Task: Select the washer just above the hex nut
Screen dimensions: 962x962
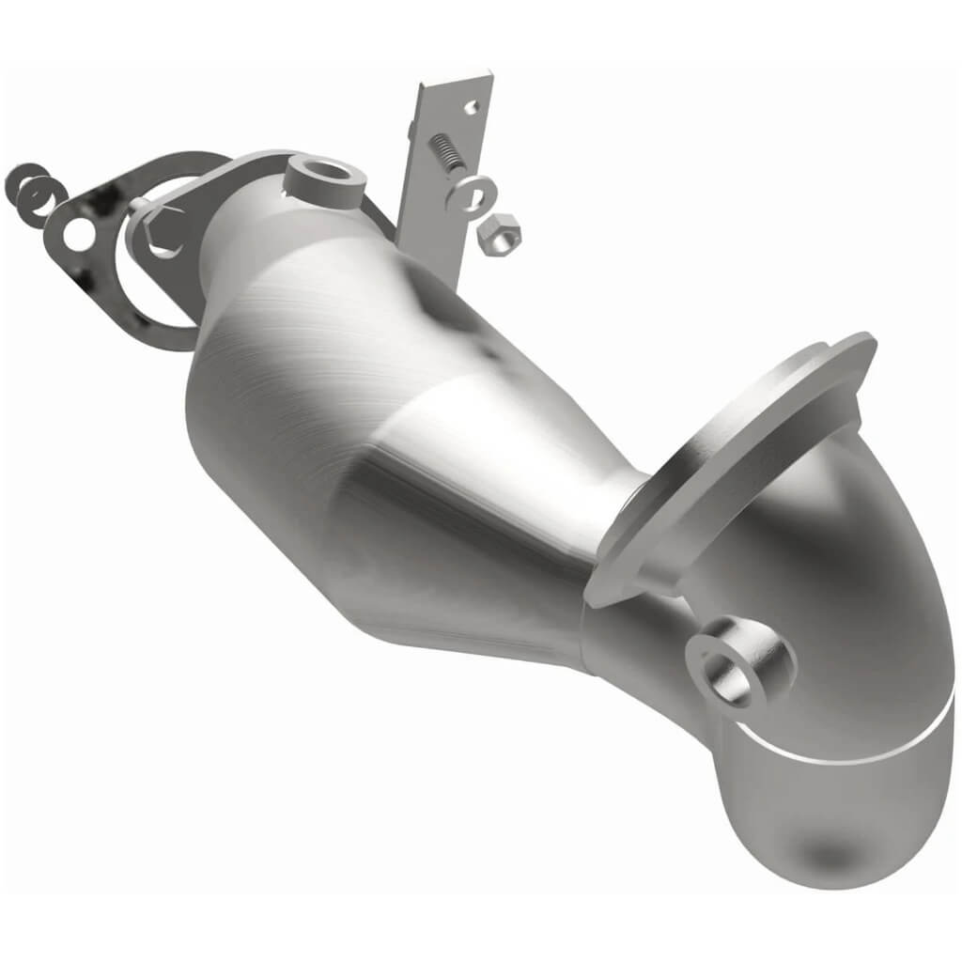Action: point(468,193)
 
